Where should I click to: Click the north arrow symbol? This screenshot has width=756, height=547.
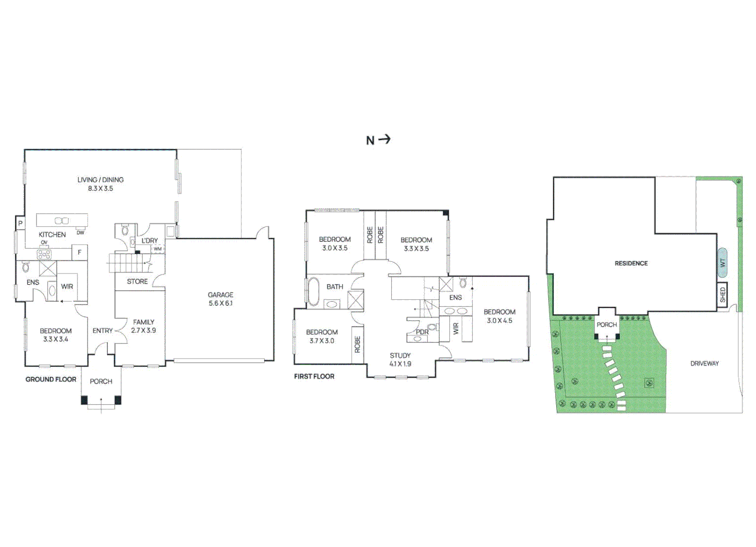tap(385, 139)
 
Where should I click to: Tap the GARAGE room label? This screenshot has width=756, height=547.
tap(220, 295)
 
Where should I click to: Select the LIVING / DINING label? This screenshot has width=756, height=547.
tap(100, 180)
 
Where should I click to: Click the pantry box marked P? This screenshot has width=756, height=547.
tap(20, 223)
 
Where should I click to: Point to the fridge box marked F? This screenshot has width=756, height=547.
tap(79, 252)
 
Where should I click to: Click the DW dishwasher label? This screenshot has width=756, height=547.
tap(80, 233)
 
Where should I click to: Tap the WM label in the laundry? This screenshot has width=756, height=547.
tap(157, 249)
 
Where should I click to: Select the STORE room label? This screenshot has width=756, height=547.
tap(137, 282)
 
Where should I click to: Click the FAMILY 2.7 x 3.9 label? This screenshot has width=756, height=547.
tap(144, 326)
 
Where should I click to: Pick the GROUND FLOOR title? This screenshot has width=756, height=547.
tap(51, 379)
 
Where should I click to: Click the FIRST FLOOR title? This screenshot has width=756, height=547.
tap(314, 376)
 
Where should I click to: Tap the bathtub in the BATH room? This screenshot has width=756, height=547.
tap(314, 291)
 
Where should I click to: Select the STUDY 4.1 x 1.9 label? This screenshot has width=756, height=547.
tap(400, 360)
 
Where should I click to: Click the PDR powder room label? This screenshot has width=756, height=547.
tap(422, 332)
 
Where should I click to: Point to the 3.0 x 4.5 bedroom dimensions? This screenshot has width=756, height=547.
tap(499, 321)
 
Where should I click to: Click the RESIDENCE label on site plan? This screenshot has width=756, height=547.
tap(631, 263)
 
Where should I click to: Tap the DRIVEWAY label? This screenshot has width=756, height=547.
tap(704, 364)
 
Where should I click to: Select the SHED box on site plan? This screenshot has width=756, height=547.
tap(723, 294)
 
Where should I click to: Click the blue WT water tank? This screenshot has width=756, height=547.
tap(723, 263)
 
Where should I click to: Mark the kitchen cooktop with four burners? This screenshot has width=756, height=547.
tap(44, 254)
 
